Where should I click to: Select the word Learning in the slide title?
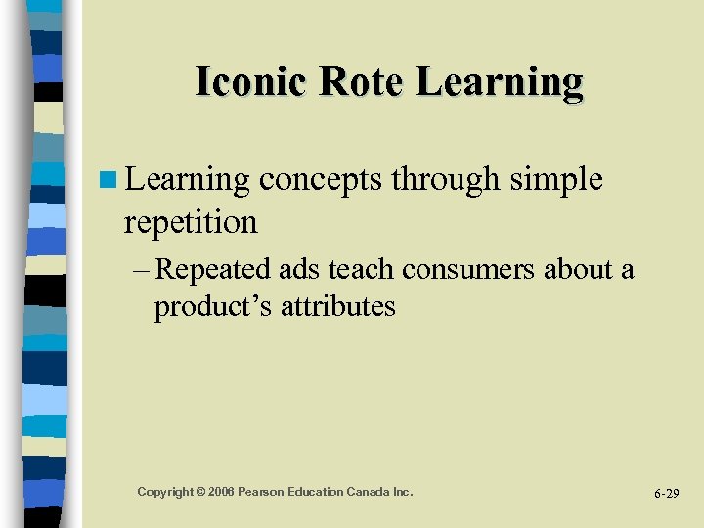pyautogui.click(x=500, y=82)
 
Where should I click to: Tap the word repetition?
pyautogui.click(x=191, y=222)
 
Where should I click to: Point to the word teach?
pyautogui.click(x=366, y=270)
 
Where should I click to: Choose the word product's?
pyautogui.click(x=213, y=307)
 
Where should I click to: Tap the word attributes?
pyautogui.click(x=338, y=307)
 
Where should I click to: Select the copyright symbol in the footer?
pyautogui.click(x=202, y=491)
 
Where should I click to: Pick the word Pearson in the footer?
pyautogui.click(x=267, y=491)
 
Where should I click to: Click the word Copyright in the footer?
pyautogui.click(x=165, y=491)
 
